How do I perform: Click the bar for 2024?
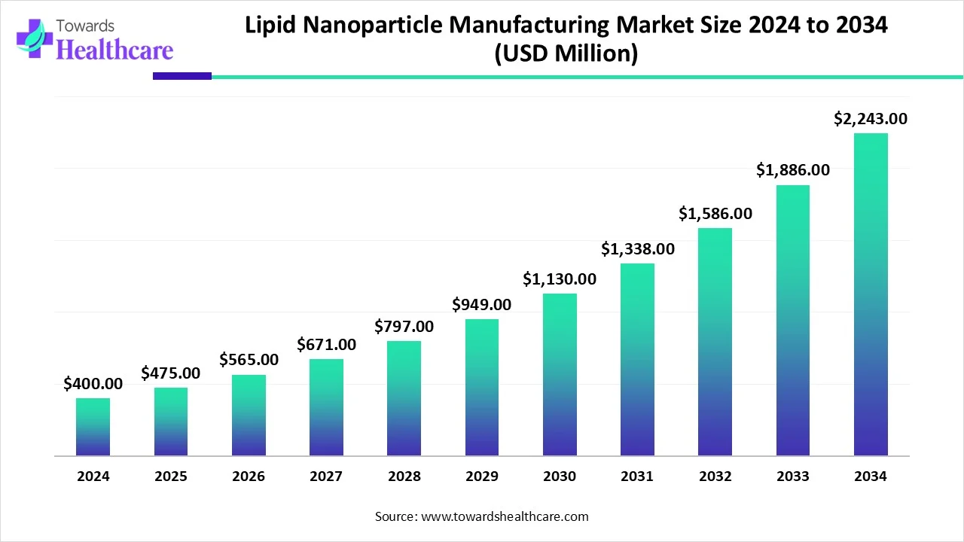(93, 427)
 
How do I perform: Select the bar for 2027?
(326, 407)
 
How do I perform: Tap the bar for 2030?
(560, 374)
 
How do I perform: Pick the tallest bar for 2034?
(871, 294)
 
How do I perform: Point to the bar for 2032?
(715, 342)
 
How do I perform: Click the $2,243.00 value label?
(871, 118)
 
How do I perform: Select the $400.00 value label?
(93, 384)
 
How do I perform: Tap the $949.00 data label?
(481, 305)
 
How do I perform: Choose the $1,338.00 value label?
(637, 248)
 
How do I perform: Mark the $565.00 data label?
(249, 360)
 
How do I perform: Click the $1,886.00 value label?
(792, 170)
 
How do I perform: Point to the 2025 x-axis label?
(171, 477)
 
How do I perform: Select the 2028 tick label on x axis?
(404, 477)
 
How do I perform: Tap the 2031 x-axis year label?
(637, 477)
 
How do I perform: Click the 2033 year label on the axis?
(792, 477)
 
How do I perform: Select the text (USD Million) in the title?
(566, 54)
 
